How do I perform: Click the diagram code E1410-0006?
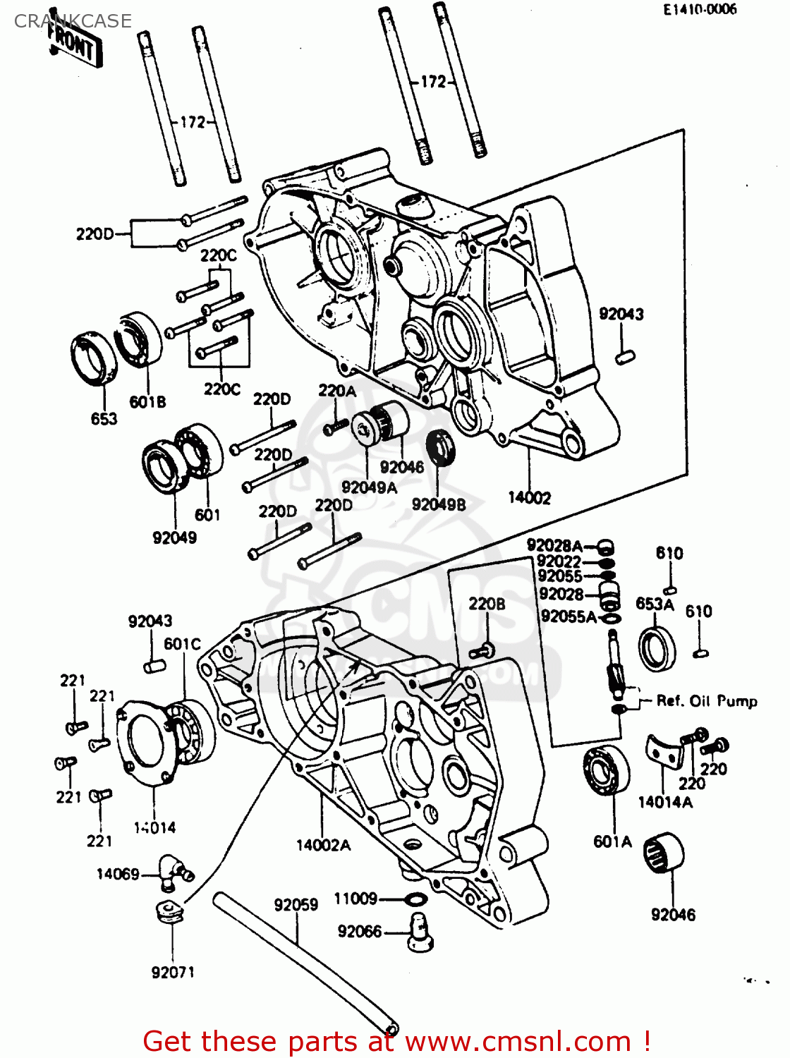(699, 9)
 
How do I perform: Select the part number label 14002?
(529, 498)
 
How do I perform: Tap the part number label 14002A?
(323, 844)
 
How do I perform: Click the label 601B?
(147, 402)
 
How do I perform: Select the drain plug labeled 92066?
(420, 931)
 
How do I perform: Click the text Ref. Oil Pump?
(706, 701)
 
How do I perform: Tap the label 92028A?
(554, 545)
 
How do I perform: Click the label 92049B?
(439, 504)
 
